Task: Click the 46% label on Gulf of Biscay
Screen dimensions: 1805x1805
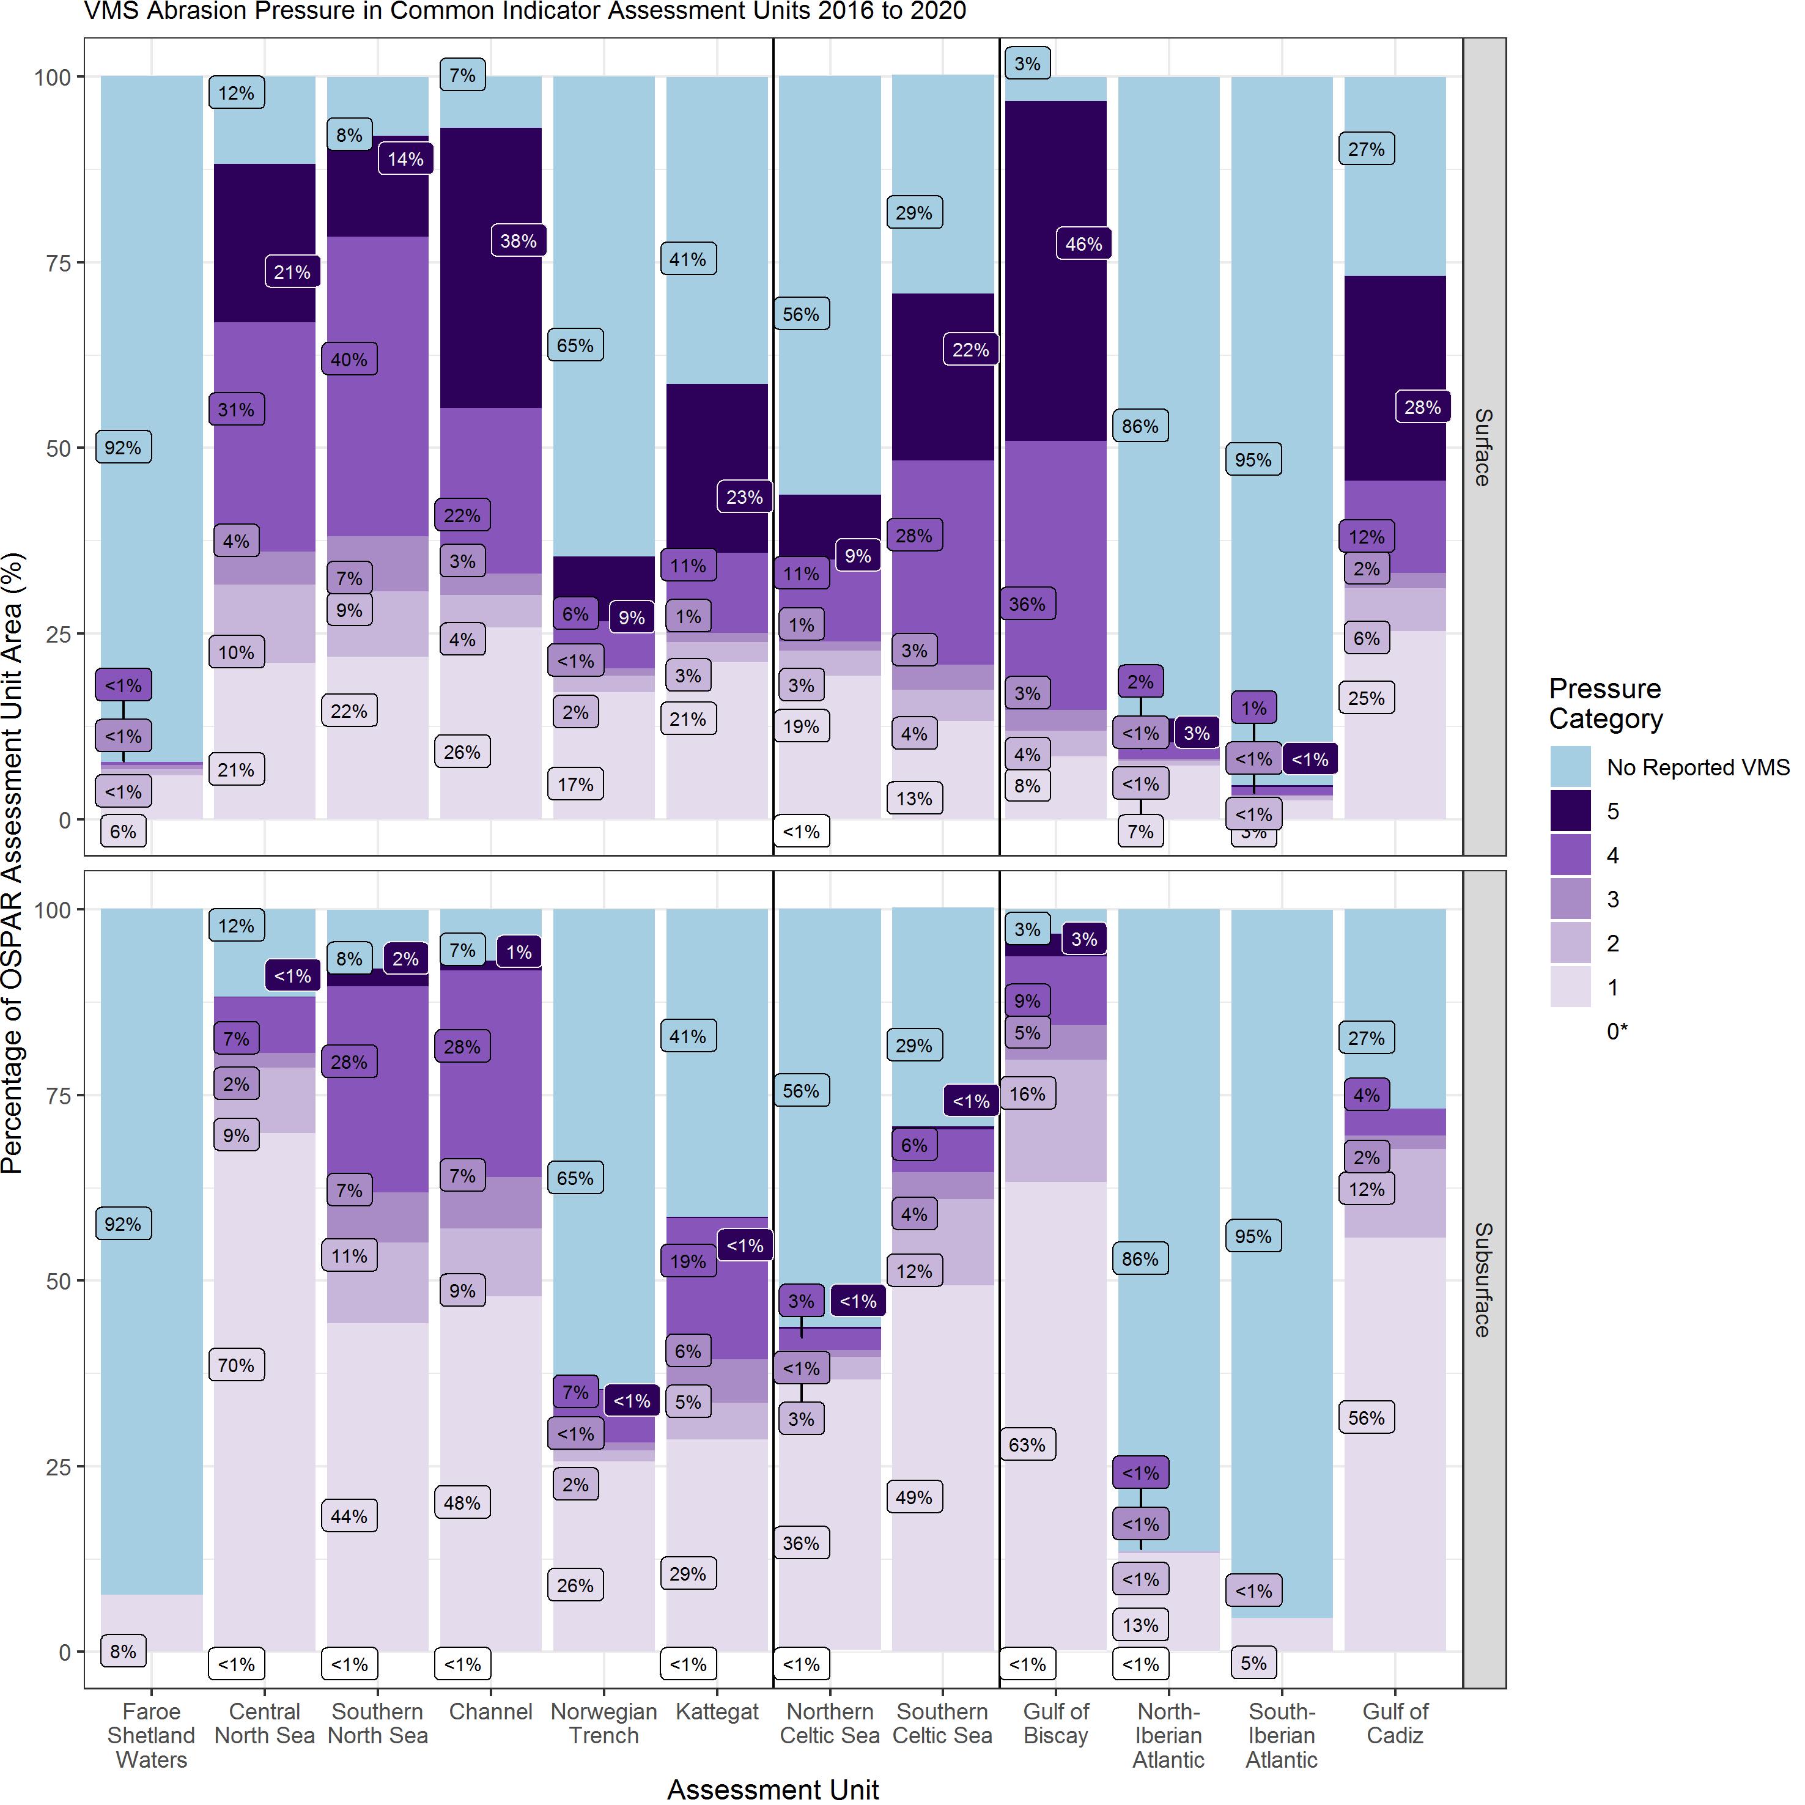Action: pos(1083,244)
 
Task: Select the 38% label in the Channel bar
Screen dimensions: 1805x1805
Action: pos(517,241)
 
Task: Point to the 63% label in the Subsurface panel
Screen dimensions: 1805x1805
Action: pos(1027,1444)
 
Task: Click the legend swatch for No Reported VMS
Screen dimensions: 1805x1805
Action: pos(1570,767)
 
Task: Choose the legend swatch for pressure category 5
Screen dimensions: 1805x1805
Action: pos(1570,811)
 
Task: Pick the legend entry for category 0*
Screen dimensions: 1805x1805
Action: pos(1616,1032)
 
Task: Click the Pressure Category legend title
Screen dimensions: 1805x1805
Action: pos(1605,704)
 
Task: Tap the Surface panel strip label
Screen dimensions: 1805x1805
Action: pos(1483,446)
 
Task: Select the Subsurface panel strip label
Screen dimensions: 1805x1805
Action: pos(1483,1279)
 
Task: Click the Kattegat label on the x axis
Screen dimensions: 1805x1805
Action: pos(717,1711)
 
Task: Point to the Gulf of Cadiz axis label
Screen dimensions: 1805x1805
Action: pos(1395,1724)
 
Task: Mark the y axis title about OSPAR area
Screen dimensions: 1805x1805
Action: pos(12,863)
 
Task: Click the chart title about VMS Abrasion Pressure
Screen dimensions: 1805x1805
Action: pos(525,11)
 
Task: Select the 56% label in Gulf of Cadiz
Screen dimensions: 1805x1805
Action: pos(1366,1417)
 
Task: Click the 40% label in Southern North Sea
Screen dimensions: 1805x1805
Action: pos(349,360)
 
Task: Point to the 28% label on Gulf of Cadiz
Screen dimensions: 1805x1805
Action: pos(1422,407)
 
